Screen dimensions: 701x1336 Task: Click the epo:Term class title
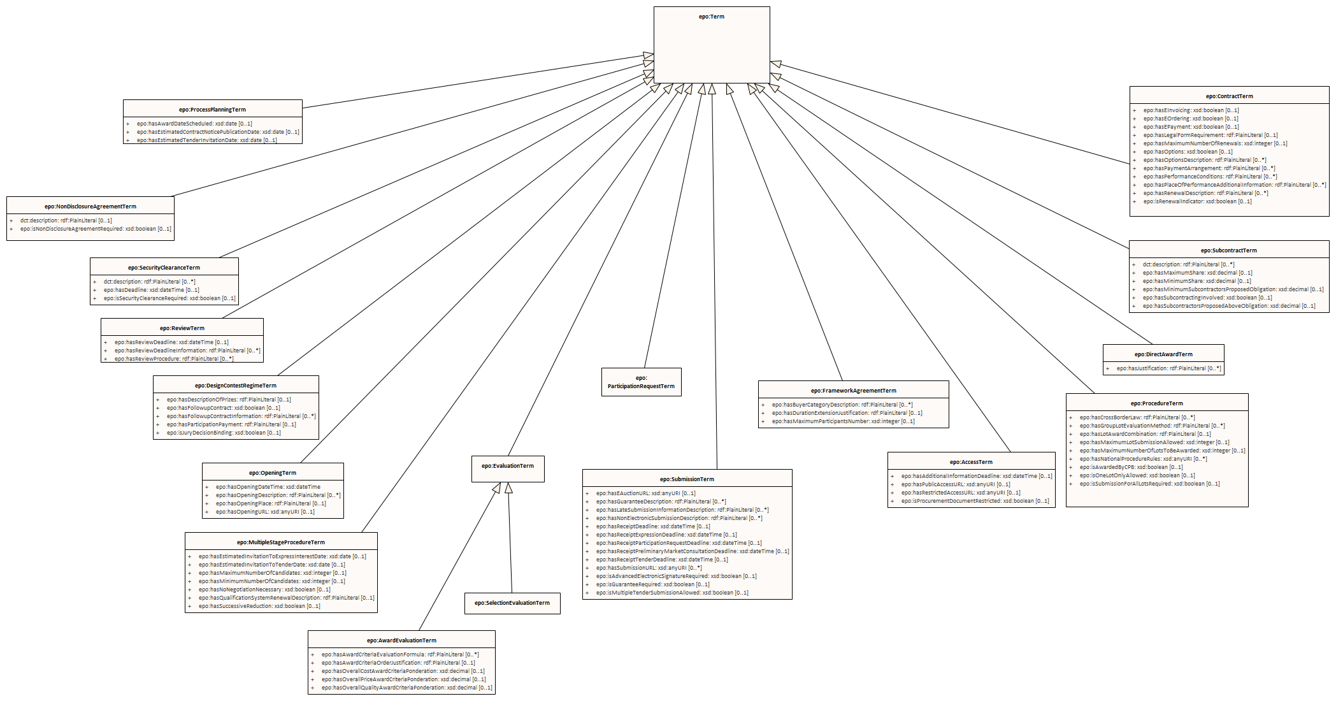[x=711, y=17]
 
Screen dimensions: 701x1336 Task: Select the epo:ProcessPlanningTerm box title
[x=212, y=110]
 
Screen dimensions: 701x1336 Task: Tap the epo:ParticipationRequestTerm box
[x=641, y=382]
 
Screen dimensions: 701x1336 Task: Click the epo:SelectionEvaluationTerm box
[x=512, y=603]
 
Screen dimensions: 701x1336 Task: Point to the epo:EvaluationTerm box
[x=508, y=466]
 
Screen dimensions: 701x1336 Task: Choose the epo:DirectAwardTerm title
[x=1163, y=354]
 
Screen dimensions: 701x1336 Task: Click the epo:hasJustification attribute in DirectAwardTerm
[x=1168, y=368]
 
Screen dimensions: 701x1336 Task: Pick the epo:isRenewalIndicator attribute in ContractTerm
[x=1197, y=201]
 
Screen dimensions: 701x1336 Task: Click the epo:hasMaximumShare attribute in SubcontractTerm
[x=1197, y=273]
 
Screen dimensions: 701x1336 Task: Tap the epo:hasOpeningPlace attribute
[x=271, y=503]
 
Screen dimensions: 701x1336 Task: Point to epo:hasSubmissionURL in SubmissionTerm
[x=649, y=568]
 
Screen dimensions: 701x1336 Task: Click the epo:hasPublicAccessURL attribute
[x=956, y=484]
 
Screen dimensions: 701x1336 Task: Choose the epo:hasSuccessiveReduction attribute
[x=259, y=606]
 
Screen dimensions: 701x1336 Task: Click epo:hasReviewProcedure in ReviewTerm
[x=174, y=359]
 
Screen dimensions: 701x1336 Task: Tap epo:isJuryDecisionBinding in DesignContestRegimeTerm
[x=224, y=433]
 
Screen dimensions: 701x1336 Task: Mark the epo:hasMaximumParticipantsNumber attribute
[x=843, y=421]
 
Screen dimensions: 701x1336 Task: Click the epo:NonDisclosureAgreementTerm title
[x=90, y=206]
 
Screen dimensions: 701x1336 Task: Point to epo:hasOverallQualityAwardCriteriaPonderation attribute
[x=406, y=688]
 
